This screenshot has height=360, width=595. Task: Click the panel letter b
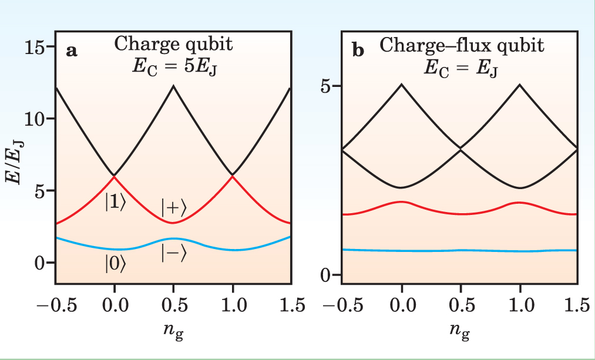[358, 51]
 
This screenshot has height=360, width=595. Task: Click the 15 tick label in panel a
[38, 46]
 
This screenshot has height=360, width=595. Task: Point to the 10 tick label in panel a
[38, 118]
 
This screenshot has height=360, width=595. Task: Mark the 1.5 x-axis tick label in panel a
[289, 306]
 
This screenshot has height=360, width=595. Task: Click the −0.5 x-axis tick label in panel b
[338, 306]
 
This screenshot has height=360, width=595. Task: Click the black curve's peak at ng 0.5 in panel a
[173, 86]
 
